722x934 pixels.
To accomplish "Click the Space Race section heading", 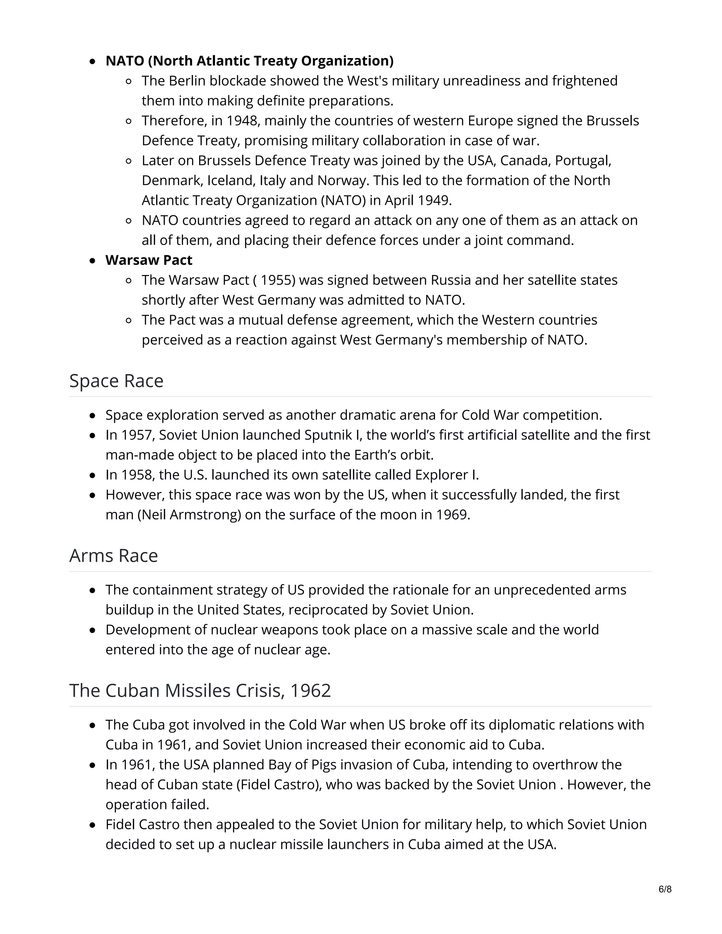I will [x=116, y=381].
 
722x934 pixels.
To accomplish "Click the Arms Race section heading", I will [x=114, y=555].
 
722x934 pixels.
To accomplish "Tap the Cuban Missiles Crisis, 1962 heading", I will [x=200, y=690].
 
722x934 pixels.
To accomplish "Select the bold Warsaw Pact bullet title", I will [x=149, y=260].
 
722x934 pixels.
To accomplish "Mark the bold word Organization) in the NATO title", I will [x=347, y=61].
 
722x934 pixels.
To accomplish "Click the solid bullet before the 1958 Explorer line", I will [x=92, y=475].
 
